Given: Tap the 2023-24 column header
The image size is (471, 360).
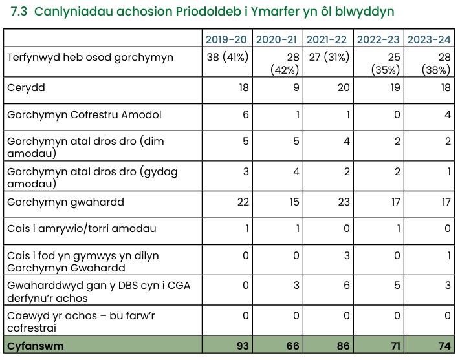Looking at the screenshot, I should pos(429,40).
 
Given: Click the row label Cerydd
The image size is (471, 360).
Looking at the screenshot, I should pos(26,87).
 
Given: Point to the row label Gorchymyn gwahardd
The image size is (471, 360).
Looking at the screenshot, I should pos(65,202).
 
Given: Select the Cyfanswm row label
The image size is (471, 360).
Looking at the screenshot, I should pos(36,346).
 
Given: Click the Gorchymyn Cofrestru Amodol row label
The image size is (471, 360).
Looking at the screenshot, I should pos(83,114).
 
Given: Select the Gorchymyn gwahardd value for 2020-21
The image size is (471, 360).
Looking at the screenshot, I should pos(294,202).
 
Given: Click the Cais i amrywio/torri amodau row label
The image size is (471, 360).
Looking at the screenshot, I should pos(82,229).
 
